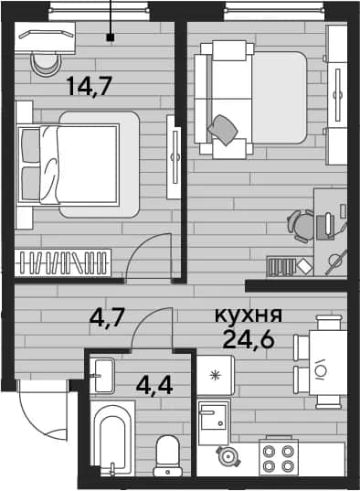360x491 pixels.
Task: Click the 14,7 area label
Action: (x=90, y=86)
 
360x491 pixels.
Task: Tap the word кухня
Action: (x=249, y=315)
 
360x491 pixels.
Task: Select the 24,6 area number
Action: (x=249, y=339)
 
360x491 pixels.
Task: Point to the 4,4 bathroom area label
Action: (x=154, y=386)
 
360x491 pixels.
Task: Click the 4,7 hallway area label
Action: (x=108, y=317)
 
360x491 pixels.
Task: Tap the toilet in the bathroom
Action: (x=167, y=455)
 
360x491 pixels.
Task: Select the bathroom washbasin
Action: (x=101, y=376)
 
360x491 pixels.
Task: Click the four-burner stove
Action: (x=279, y=457)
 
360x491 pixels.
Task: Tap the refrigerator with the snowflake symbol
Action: (x=216, y=375)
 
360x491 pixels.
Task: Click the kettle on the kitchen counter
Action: (x=228, y=456)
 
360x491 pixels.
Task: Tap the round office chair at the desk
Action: (x=301, y=226)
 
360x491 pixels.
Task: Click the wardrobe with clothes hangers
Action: (x=63, y=262)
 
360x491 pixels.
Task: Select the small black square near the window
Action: (x=111, y=37)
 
